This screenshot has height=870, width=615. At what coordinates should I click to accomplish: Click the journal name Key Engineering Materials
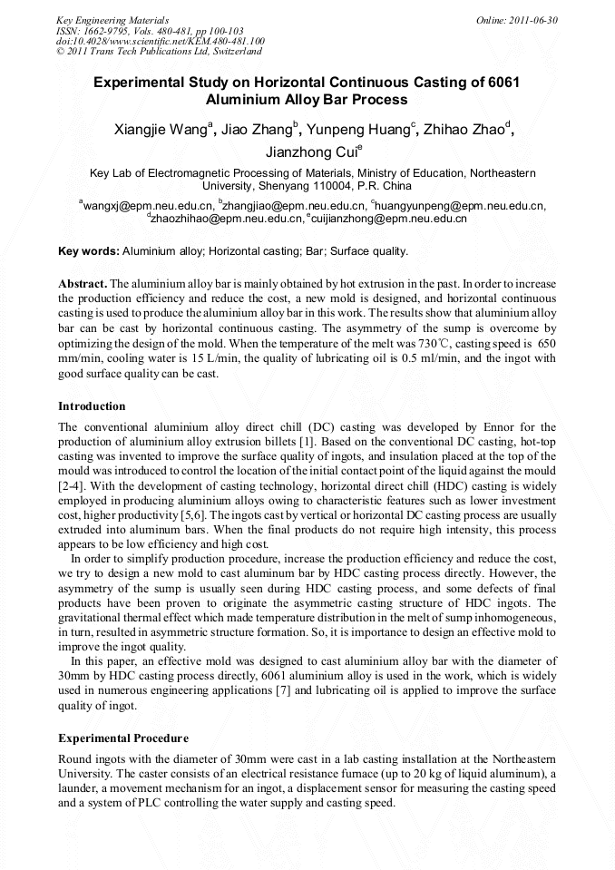[x=112, y=20]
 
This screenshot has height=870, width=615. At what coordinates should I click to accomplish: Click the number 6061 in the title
[x=500, y=82]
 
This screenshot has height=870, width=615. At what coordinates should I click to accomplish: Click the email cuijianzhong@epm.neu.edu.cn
[x=389, y=219]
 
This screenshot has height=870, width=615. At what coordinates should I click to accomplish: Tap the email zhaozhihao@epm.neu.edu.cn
[x=226, y=219]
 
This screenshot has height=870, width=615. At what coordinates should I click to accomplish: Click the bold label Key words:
[x=88, y=251]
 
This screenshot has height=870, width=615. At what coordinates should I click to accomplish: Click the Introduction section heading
[x=92, y=406]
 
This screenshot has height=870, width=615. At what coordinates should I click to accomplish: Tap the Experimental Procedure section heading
[x=123, y=738]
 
